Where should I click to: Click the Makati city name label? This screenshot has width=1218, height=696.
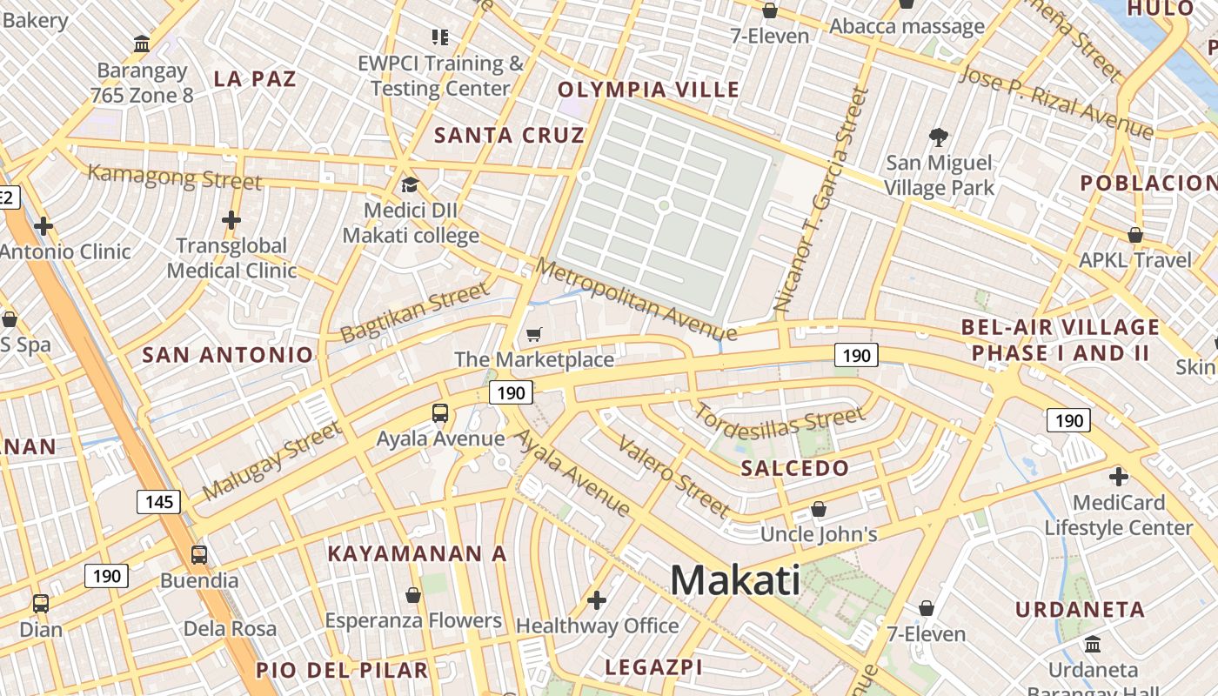click(x=735, y=580)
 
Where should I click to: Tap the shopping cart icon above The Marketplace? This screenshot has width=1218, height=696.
click(x=534, y=335)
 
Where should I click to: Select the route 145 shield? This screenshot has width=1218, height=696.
click(x=158, y=501)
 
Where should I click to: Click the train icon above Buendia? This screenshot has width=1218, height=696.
click(x=199, y=555)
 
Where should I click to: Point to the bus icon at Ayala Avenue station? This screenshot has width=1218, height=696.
click(x=440, y=413)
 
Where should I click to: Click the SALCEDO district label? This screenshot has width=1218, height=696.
click(x=794, y=468)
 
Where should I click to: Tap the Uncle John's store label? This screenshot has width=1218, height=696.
click(x=819, y=534)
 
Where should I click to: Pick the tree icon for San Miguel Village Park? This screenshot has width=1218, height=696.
click(x=938, y=137)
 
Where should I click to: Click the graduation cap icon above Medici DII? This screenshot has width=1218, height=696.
click(x=410, y=184)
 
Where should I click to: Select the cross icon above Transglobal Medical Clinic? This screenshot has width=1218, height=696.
click(x=231, y=220)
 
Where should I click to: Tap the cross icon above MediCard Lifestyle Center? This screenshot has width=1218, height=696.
click(x=1119, y=477)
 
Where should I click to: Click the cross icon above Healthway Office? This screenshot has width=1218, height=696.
click(x=597, y=600)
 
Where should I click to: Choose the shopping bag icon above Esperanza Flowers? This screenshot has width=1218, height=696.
click(x=413, y=595)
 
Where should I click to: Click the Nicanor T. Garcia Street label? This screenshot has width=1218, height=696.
click(x=821, y=199)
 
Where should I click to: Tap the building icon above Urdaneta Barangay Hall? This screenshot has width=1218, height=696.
click(x=1093, y=645)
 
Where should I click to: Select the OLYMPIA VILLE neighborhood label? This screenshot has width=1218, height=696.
click(x=648, y=90)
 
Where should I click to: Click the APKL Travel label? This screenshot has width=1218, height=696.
click(x=1135, y=260)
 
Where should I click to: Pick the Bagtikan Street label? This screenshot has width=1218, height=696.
click(x=415, y=312)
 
